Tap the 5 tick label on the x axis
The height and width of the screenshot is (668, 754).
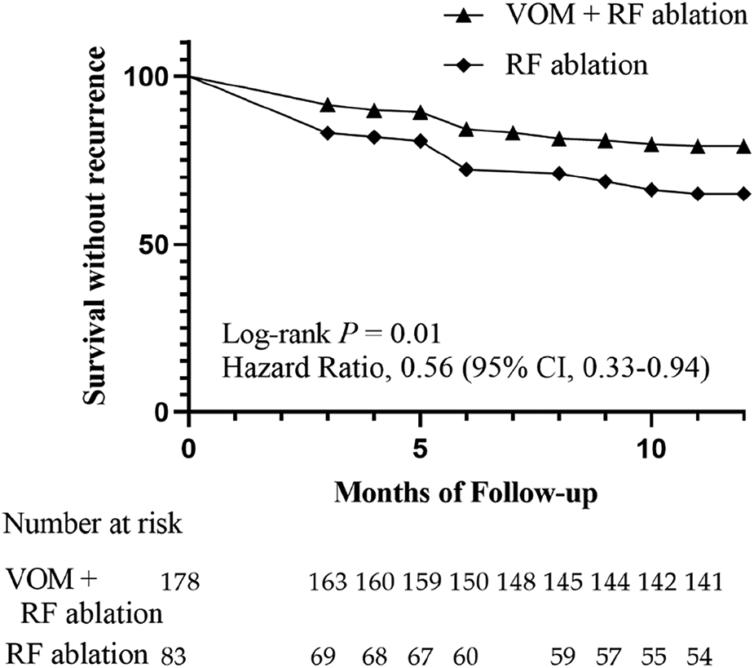[x=420, y=450]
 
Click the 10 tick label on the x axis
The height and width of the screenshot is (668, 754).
[x=651, y=450]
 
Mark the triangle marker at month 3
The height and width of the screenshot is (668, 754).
[x=328, y=105]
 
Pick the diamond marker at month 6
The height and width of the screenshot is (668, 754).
[x=466, y=170]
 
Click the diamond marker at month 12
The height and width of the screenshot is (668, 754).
[x=743, y=193]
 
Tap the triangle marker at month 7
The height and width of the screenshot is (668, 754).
[x=513, y=132]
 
